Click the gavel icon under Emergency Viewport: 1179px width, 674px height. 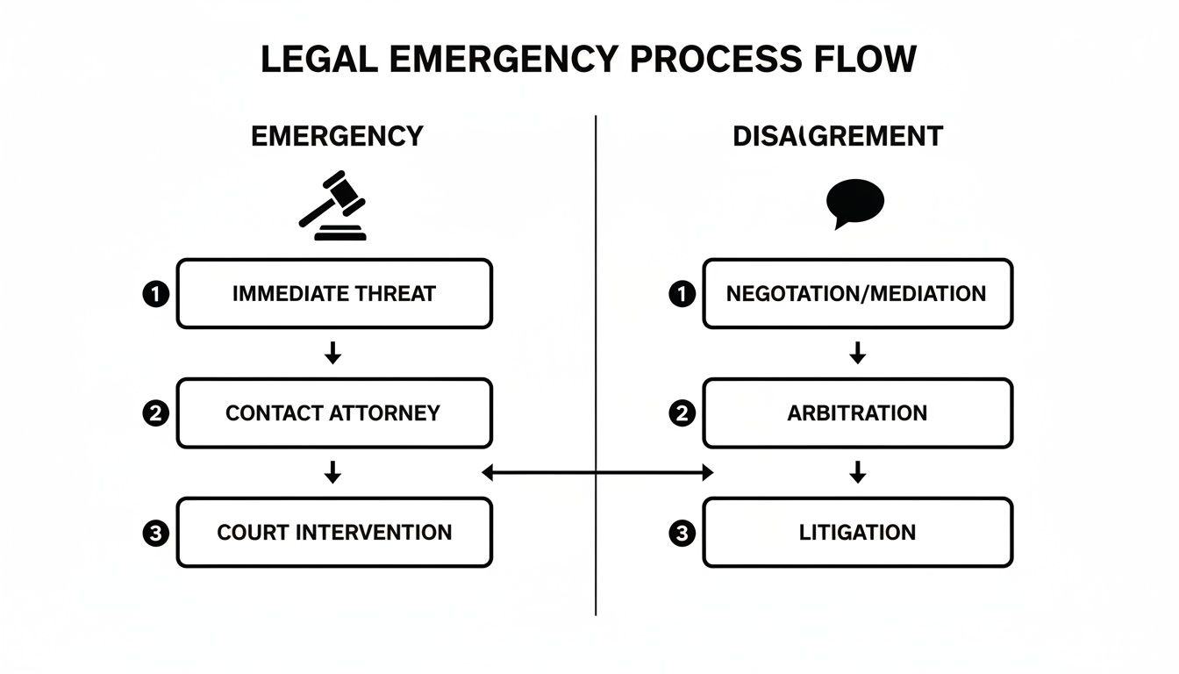click(x=332, y=205)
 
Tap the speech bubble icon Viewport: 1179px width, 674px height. click(x=854, y=202)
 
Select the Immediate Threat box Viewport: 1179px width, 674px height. click(x=334, y=294)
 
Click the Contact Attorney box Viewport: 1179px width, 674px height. click(x=334, y=413)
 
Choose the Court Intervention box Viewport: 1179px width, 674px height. click(x=334, y=533)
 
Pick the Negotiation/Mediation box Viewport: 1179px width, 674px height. click(x=857, y=294)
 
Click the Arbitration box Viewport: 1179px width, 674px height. click(x=857, y=413)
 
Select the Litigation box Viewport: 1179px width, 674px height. click(x=857, y=533)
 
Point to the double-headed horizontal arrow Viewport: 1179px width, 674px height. click(x=597, y=473)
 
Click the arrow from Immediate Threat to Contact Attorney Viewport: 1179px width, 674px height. click(x=332, y=354)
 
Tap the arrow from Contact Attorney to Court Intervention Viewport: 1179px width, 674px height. click(x=332, y=473)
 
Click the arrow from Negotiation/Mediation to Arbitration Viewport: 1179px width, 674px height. click(x=858, y=354)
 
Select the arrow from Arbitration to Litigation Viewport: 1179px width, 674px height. click(x=858, y=473)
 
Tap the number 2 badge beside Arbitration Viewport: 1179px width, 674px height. click(x=681, y=413)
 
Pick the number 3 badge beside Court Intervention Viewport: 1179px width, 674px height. click(x=154, y=533)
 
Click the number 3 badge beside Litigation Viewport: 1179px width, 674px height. click(x=681, y=533)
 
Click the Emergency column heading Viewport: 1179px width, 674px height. click(x=337, y=137)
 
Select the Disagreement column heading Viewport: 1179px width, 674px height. click(x=838, y=137)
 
